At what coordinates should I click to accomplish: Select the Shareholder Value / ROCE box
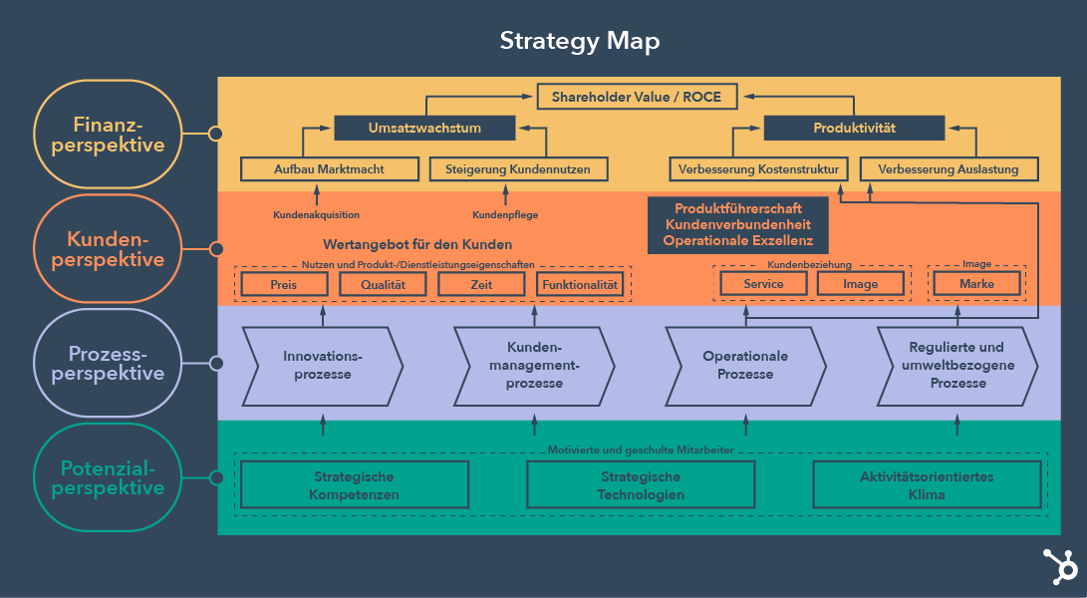tap(637, 97)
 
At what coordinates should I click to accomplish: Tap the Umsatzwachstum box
tap(424, 128)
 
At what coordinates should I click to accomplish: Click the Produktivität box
tap(854, 128)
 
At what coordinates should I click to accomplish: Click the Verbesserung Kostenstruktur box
tap(758, 169)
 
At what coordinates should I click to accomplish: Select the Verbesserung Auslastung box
tap(948, 169)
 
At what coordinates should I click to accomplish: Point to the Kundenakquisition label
tap(316, 214)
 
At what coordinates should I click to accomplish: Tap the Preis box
tap(284, 284)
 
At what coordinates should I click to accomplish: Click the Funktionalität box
tap(580, 284)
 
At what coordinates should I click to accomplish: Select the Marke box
tap(976, 284)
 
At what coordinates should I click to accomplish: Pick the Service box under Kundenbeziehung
tap(763, 284)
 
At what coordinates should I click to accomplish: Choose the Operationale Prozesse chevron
tap(745, 365)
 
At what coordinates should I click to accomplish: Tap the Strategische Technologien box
tap(641, 485)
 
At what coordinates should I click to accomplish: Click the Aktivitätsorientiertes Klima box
tap(927, 485)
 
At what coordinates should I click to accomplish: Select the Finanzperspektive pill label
tap(108, 134)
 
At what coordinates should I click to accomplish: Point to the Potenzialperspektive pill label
tap(108, 477)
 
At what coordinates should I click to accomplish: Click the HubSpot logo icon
tap(1059, 567)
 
